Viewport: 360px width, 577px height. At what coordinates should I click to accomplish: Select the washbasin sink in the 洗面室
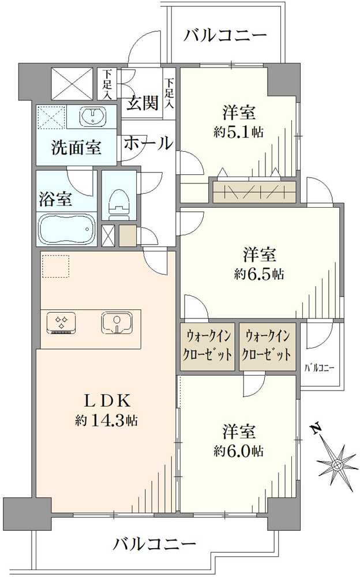(x=92, y=117)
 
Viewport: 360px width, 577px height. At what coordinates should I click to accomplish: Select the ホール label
(x=148, y=143)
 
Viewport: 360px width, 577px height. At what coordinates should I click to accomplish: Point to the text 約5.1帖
(x=238, y=132)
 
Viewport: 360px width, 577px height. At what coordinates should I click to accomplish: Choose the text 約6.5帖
(x=259, y=274)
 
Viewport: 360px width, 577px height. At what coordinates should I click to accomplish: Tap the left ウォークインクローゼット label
(x=208, y=344)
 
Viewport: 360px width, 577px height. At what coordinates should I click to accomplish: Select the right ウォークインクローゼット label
(x=267, y=344)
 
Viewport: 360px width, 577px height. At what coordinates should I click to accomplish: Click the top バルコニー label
(x=226, y=36)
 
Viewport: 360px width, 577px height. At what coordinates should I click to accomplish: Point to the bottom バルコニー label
(x=155, y=544)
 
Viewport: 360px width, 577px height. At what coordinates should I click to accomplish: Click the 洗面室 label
(x=76, y=148)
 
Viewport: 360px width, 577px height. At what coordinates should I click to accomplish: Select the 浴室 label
(x=55, y=200)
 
